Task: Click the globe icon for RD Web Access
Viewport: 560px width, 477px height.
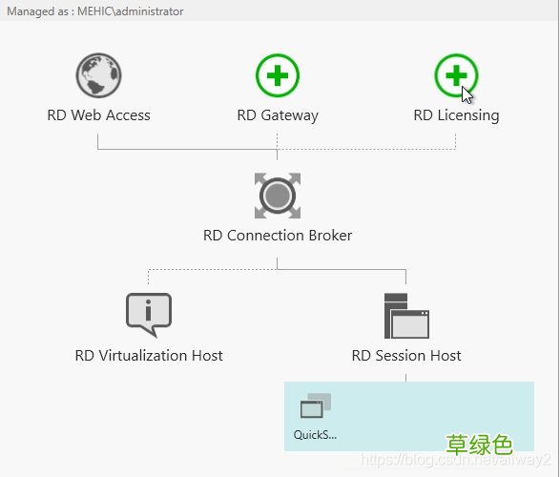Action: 98,75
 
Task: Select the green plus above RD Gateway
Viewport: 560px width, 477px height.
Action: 278,75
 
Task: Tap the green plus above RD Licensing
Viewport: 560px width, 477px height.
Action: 456,75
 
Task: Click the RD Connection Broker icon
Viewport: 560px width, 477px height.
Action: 278,196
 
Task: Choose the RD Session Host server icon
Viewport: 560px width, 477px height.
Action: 405,316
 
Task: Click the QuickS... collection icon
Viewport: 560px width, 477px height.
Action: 316,407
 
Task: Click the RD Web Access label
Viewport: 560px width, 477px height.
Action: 98,115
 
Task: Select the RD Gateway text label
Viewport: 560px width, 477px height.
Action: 278,115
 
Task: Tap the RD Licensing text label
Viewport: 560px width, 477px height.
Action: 456,115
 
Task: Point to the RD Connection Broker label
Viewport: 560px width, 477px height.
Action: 278,236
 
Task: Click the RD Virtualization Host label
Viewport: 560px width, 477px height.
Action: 149,356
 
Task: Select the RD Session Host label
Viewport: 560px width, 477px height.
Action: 406,356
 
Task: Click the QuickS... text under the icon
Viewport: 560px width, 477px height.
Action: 316,435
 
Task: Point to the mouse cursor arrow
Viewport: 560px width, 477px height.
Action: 467,94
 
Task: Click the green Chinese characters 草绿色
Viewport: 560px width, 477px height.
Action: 480,445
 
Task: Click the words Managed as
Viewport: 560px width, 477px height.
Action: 31,11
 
